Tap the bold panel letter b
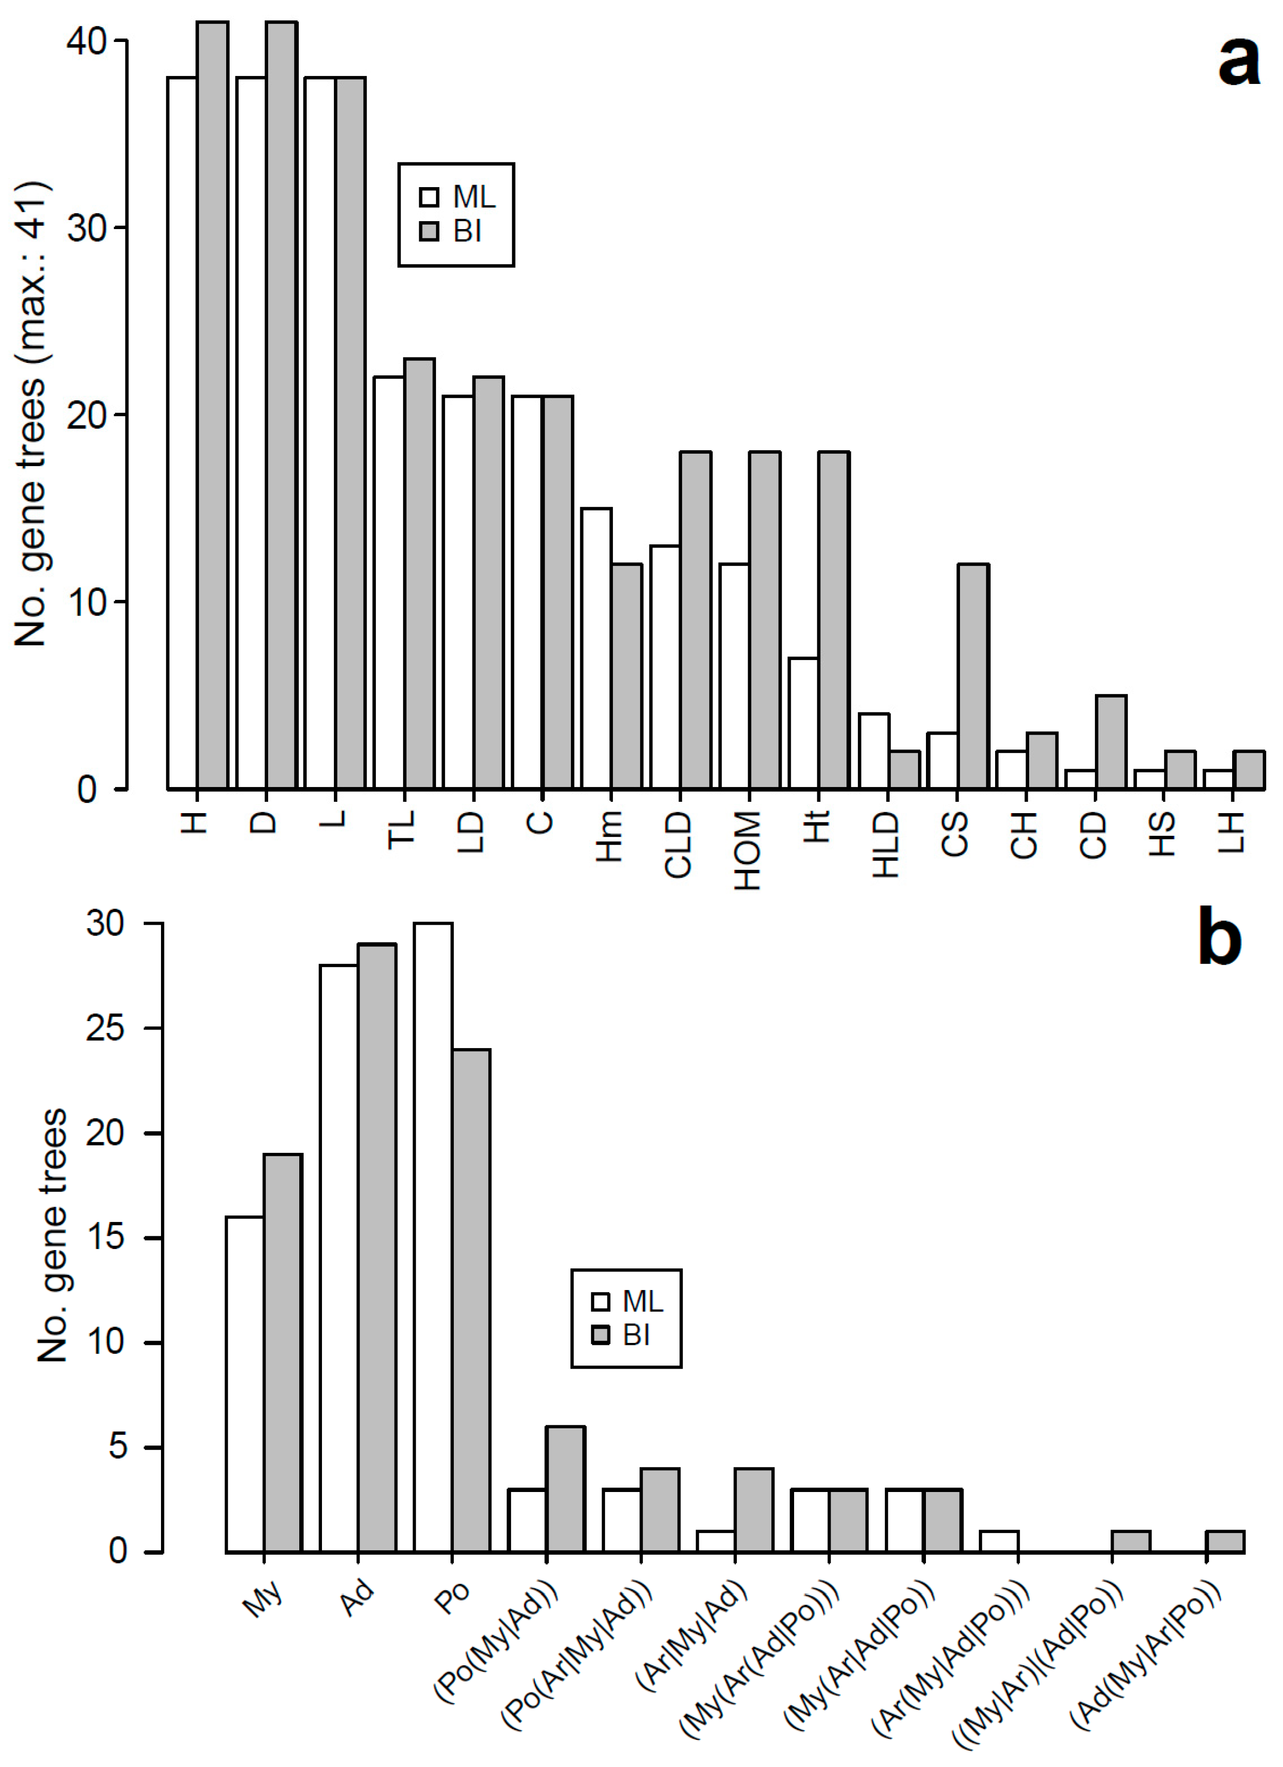(1220, 939)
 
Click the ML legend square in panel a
(429, 197)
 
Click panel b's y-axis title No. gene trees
(53, 1238)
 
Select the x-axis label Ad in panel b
(358, 1601)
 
